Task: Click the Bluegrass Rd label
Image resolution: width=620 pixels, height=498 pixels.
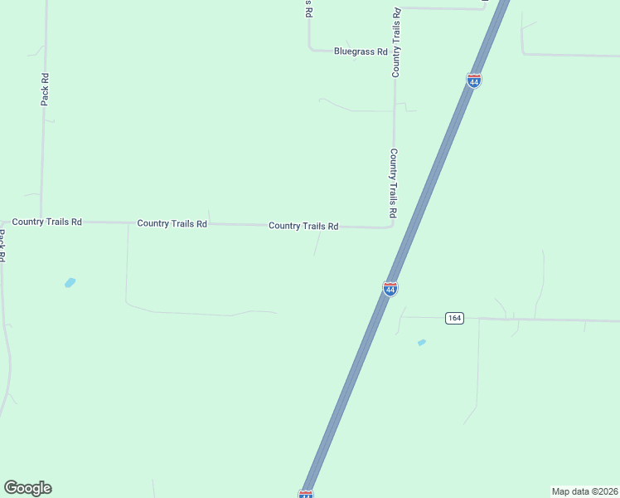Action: click(x=361, y=51)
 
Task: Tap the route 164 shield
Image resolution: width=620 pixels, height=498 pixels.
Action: click(x=453, y=318)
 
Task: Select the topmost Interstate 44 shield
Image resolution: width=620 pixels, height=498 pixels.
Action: click(x=474, y=81)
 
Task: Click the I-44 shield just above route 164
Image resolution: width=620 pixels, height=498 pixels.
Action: click(x=390, y=288)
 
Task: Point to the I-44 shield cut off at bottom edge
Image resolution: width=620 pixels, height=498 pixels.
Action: click(x=306, y=494)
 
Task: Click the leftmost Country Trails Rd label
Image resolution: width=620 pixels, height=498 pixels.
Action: click(x=47, y=222)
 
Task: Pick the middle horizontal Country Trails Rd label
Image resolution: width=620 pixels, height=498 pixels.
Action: click(x=172, y=223)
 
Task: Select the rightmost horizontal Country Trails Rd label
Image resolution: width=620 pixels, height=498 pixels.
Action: click(x=303, y=226)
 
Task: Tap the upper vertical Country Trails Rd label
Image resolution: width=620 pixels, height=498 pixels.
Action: click(x=396, y=43)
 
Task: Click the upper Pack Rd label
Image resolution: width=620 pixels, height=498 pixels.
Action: click(x=45, y=90)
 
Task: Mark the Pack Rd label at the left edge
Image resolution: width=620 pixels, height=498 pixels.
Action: click(x=3, y=247)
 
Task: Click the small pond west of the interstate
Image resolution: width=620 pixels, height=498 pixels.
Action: click(x=70, y=282)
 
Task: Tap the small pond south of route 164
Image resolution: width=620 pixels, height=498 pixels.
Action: click(x=422, y=342)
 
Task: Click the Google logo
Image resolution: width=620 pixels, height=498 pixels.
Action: click(x=27, y=488)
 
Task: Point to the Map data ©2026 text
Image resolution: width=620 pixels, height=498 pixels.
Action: click(x=584, y=491)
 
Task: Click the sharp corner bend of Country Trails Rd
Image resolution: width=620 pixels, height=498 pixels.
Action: click(x=392, y=226)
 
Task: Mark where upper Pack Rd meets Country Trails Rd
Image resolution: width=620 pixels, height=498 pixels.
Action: click(x=42, y=222)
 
